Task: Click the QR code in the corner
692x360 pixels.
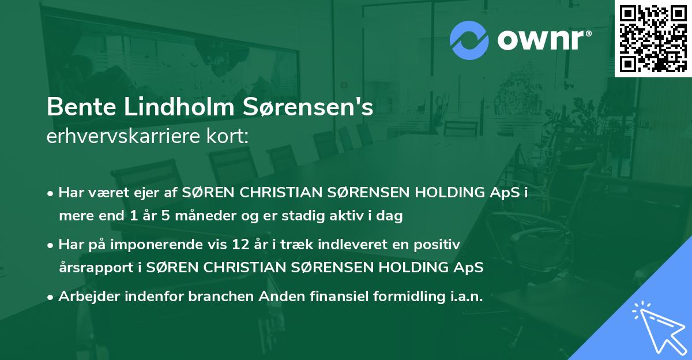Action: coord(653,38)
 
